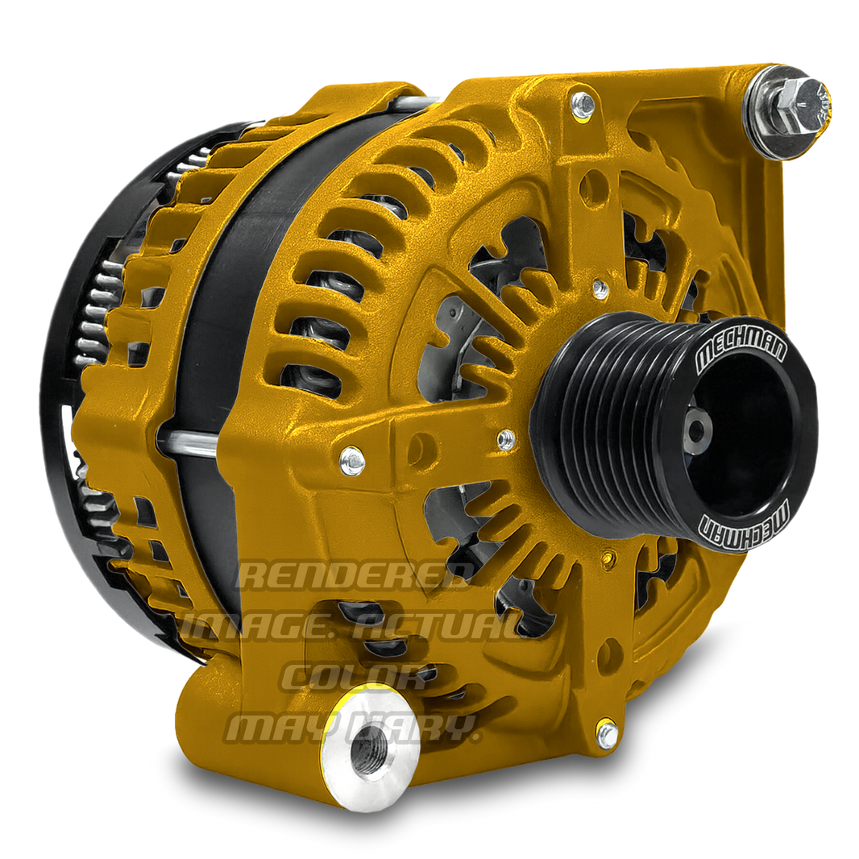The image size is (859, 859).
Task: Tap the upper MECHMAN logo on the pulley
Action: pyautogui.click(x=732, y=345)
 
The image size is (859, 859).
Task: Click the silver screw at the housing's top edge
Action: pyautogui.click(x=582, y=104)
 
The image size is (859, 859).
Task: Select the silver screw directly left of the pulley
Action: pyautogui.click(x=506, y=439)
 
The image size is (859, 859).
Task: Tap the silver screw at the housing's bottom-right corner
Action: pyautogui.click(x=606, y=732)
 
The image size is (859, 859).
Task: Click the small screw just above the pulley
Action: pyautogui.click(x=600, y=288)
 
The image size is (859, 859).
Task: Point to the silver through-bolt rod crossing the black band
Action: pyautogui.click(x=189, y=441)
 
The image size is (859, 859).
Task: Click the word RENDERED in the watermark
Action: pyautogui.click(x=355, y=575)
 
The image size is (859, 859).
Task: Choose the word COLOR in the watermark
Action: pyautogui.click(x=355, y=677)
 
